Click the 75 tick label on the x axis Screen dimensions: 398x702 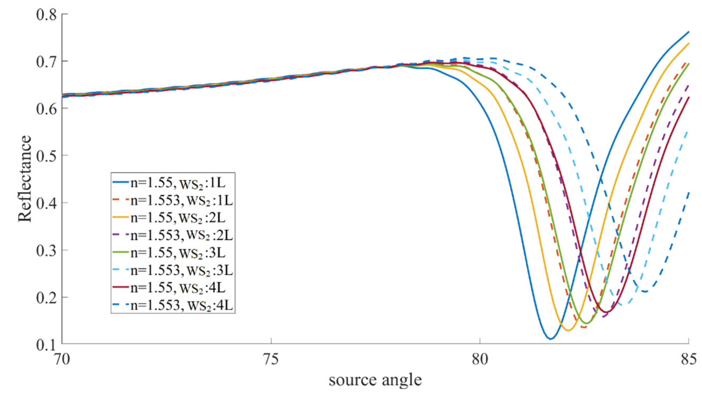click(271, 360)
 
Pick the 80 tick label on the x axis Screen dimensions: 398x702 click(480, 360)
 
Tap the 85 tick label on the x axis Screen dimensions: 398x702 click(688, 360)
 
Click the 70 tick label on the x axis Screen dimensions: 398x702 click(62, 360)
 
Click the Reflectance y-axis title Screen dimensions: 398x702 click(25, 179)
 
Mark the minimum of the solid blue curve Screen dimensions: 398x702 click(550, 339)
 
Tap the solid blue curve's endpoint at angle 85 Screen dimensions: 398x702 click(688, 32)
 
